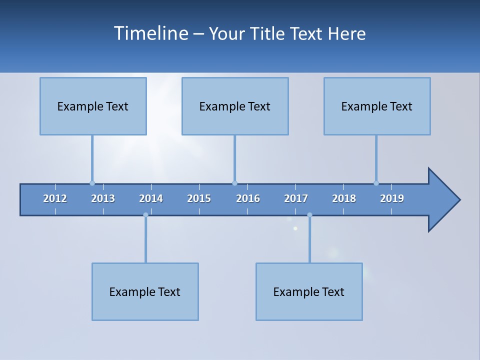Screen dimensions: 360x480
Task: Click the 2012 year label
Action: [55, 198]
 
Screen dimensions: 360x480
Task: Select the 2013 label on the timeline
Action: [103, 198]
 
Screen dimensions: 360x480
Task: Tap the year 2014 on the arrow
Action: [151, 198]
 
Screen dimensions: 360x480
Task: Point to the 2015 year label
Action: [199, 198]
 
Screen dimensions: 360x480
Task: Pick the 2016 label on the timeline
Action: [248, 198]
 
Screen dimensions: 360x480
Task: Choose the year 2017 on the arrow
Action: [296, 198]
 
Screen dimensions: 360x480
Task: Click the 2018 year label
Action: [344, 198]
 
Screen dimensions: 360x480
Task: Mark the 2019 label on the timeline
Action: [392, 198]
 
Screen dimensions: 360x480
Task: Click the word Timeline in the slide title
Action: [150, 33]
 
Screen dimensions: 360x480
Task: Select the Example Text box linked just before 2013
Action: [93, 106]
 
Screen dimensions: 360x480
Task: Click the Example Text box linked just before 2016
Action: [235, 106]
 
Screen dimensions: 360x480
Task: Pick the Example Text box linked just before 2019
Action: [377, 106]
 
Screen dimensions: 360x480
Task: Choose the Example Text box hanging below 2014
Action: [145, 291]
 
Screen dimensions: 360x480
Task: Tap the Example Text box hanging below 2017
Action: [309, 291]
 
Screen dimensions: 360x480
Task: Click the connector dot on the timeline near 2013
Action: [92, 183]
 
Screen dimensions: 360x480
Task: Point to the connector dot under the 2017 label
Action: [309, 215]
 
